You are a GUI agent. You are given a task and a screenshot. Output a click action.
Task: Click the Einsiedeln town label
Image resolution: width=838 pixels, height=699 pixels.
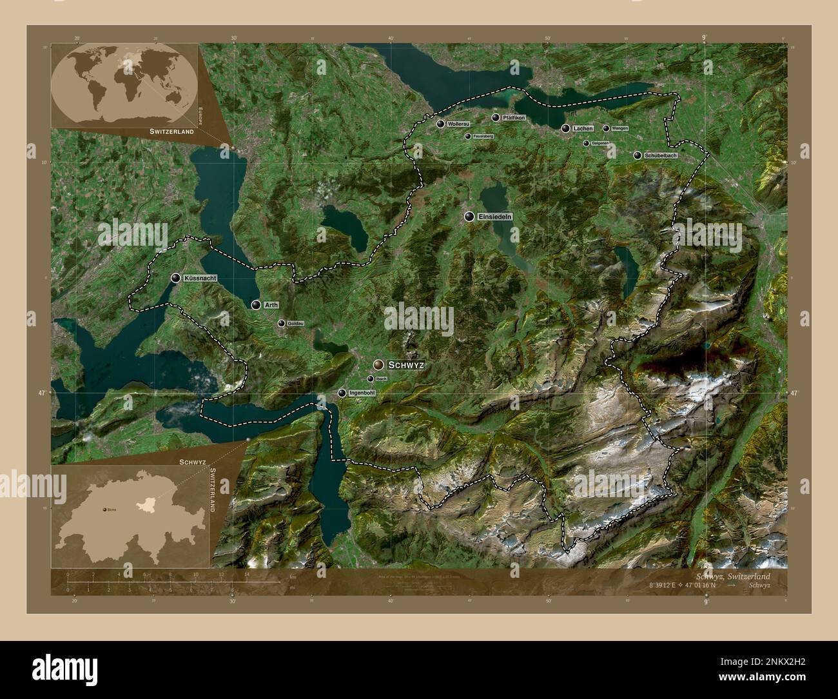coord(495,217)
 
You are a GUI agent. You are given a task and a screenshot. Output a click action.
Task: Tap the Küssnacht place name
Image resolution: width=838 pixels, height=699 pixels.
coord(199,278)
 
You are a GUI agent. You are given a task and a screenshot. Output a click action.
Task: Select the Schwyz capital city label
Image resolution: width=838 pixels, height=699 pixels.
coord(406,365)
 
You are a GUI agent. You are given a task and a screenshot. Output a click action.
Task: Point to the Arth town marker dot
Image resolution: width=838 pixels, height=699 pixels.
coord(257,305)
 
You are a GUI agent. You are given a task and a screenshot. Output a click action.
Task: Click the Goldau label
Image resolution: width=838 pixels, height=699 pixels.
coord(295,324)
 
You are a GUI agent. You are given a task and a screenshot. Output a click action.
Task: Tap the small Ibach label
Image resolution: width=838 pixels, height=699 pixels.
coord(381,379)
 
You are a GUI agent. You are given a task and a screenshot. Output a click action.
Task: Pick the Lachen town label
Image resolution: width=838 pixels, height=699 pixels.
coord(582,129)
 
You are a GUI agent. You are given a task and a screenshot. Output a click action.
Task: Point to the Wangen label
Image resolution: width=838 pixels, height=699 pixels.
coord(619,128)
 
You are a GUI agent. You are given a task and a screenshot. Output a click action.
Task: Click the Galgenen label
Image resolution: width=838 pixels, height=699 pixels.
coord(600,143)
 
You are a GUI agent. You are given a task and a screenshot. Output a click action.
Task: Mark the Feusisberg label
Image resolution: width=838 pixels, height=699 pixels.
coord(483,137)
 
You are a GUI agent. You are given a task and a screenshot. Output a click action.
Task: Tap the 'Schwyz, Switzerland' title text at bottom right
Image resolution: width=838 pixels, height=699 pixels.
coord(741,576)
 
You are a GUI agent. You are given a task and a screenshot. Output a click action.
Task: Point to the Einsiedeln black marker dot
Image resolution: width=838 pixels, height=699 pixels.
coord(469,217)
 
